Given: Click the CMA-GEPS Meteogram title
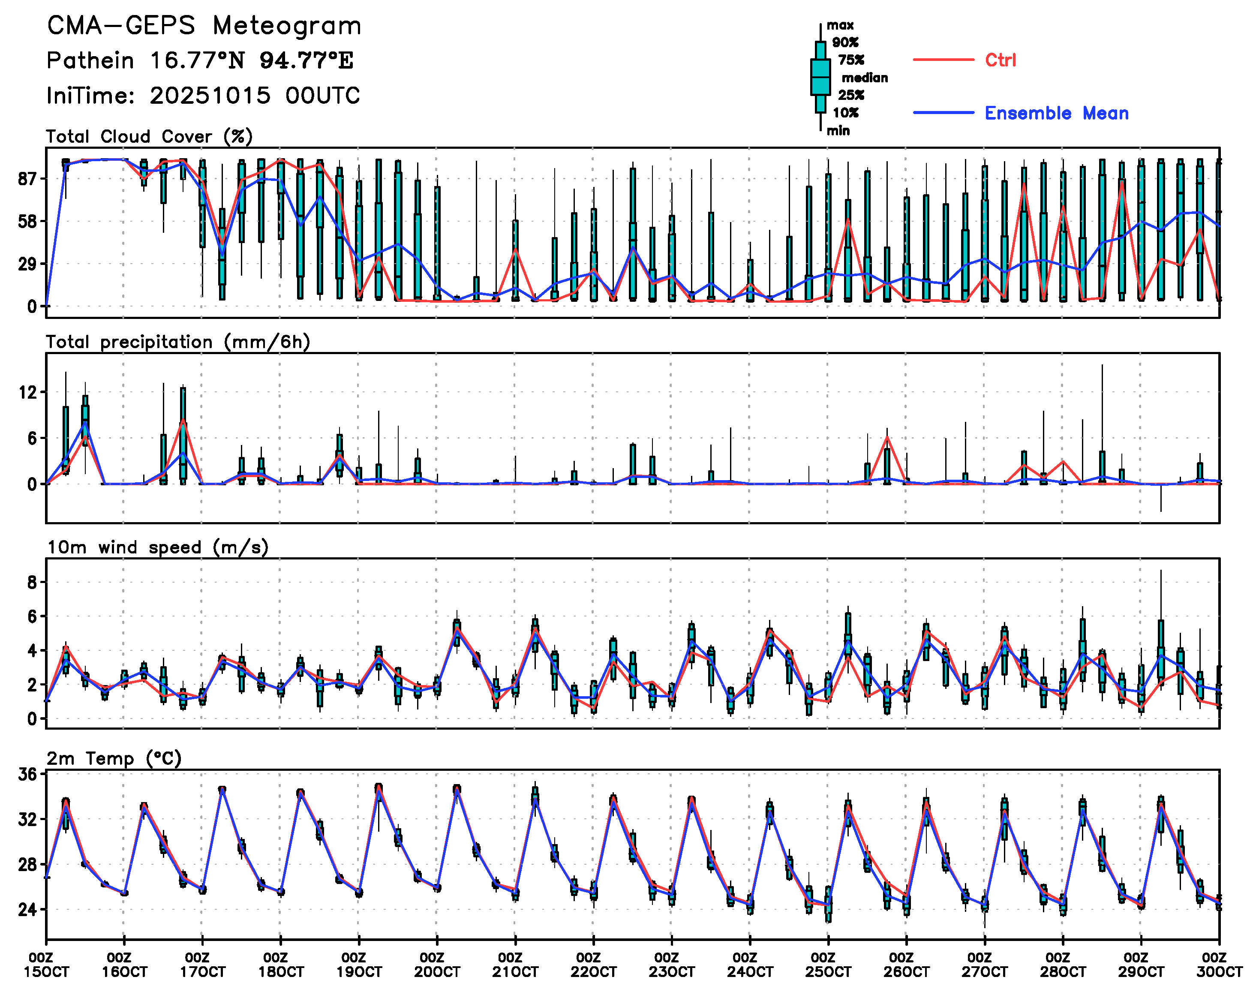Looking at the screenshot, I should pos(204,26).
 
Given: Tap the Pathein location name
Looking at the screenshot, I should pos(90,60).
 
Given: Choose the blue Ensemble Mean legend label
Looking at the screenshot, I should pos(1056,113).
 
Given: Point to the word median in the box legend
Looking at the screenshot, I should pos(865,78).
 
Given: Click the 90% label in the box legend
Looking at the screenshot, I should pos(845,42).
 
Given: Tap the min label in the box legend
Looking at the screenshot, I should pos(838,130).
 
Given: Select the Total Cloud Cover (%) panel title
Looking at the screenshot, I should pos(149,137).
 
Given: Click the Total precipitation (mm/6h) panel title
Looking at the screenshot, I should pos(178,342).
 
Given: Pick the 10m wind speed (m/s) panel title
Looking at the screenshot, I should pos(157,547).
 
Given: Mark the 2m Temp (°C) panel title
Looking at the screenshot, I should pos(114,758).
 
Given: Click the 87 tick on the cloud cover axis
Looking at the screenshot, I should pos(28,179).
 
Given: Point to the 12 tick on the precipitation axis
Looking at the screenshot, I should pos(28,393).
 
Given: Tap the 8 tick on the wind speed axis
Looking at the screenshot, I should pos(32,583).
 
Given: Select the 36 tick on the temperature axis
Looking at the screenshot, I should pos(28,774).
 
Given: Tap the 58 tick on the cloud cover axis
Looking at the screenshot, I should pos(28,221).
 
